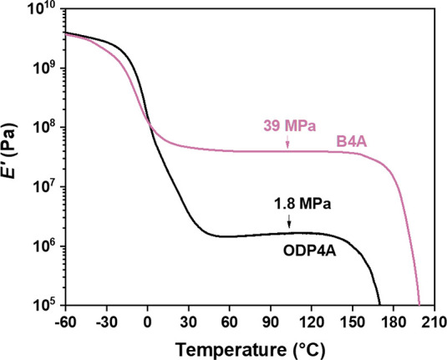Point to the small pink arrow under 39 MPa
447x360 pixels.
click(287, 144)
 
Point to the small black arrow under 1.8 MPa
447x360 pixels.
click(288, 221)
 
